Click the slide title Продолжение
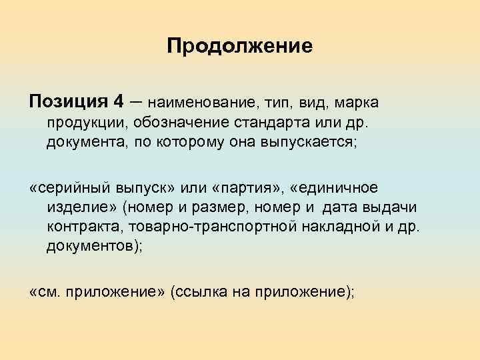pyautogui.click(x=239, y=46)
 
